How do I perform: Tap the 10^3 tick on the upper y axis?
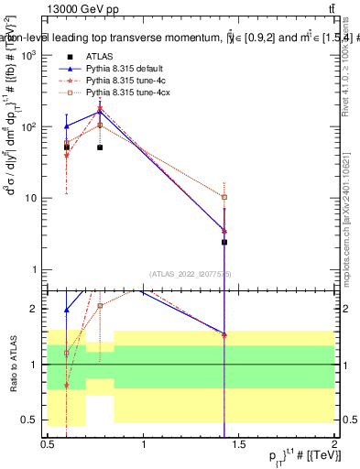point(29,56)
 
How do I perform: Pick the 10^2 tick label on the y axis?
point(29,127)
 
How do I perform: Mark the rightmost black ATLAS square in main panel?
point(224,242)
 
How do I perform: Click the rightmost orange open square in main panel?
point(224,197)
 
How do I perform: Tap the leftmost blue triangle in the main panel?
point(67,126)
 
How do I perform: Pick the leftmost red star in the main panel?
point(67,155)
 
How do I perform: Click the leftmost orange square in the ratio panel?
point(67,353)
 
